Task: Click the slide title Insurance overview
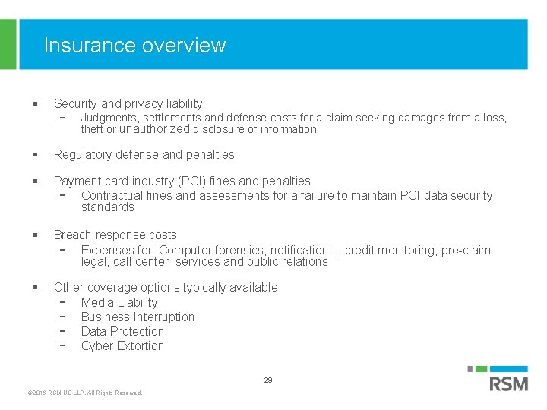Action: pyautogui.click(x=134, y=46)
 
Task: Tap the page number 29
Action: pyautogui.click(x=268, y=380)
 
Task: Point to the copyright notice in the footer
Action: pyautogui.click(x=84, y=393)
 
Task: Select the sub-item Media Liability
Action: pyautogui.click(x=119, y=302)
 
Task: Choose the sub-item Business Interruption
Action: pyautogui.click(x=138, y=317)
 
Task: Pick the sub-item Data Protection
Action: pyautogui.click(x=122, y=331)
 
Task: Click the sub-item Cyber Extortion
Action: pyautogui.click(x=122, y=345)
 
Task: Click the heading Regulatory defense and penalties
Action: pyautogui.click(x=144, y=154)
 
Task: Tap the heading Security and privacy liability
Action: pyautogui.click(x=128, y=103)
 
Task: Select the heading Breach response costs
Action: pyautogui.click(x=115, y=235)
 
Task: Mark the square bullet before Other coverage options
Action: pyautogui.click(x=36, y=287)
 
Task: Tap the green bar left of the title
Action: pyautogui.click(x=8, y=44)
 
